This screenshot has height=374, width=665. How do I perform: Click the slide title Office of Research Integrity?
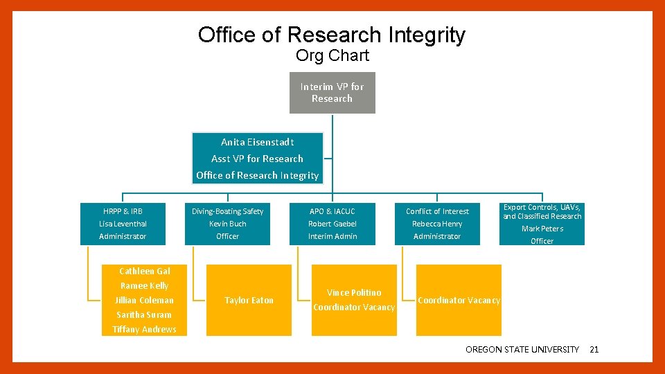coord(332,35)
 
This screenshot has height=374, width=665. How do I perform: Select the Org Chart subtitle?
coord(332,55)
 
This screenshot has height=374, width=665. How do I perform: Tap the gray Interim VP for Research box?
coord(332,93)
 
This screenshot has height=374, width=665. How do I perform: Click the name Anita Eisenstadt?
coord(258,142)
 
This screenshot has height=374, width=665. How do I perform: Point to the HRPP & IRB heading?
coord(123,211)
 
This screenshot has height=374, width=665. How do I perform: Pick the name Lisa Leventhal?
coord(123,224)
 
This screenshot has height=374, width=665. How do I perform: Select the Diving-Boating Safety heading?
coord(227,211)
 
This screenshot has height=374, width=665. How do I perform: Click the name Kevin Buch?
coord(227,224)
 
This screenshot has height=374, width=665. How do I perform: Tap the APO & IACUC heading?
coord(332,211)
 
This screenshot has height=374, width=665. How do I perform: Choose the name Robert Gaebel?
coord(332,224)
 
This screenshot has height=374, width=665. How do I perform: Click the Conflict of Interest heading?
coord(437,211)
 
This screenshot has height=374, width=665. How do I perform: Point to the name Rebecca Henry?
coord(437,224)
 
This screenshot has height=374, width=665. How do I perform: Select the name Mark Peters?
coord(542,229)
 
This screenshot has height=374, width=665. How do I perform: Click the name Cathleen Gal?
coord(144,271)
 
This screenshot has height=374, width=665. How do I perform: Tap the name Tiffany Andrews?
coord(144,329)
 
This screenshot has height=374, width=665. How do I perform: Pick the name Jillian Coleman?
coord(144,300)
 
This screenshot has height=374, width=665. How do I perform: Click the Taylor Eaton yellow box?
coord(249,300)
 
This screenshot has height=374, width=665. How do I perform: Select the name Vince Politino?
coord(354,292)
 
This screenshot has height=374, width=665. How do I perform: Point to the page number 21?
coord(594,350)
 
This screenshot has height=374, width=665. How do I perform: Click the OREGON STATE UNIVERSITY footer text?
coord(522,350)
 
